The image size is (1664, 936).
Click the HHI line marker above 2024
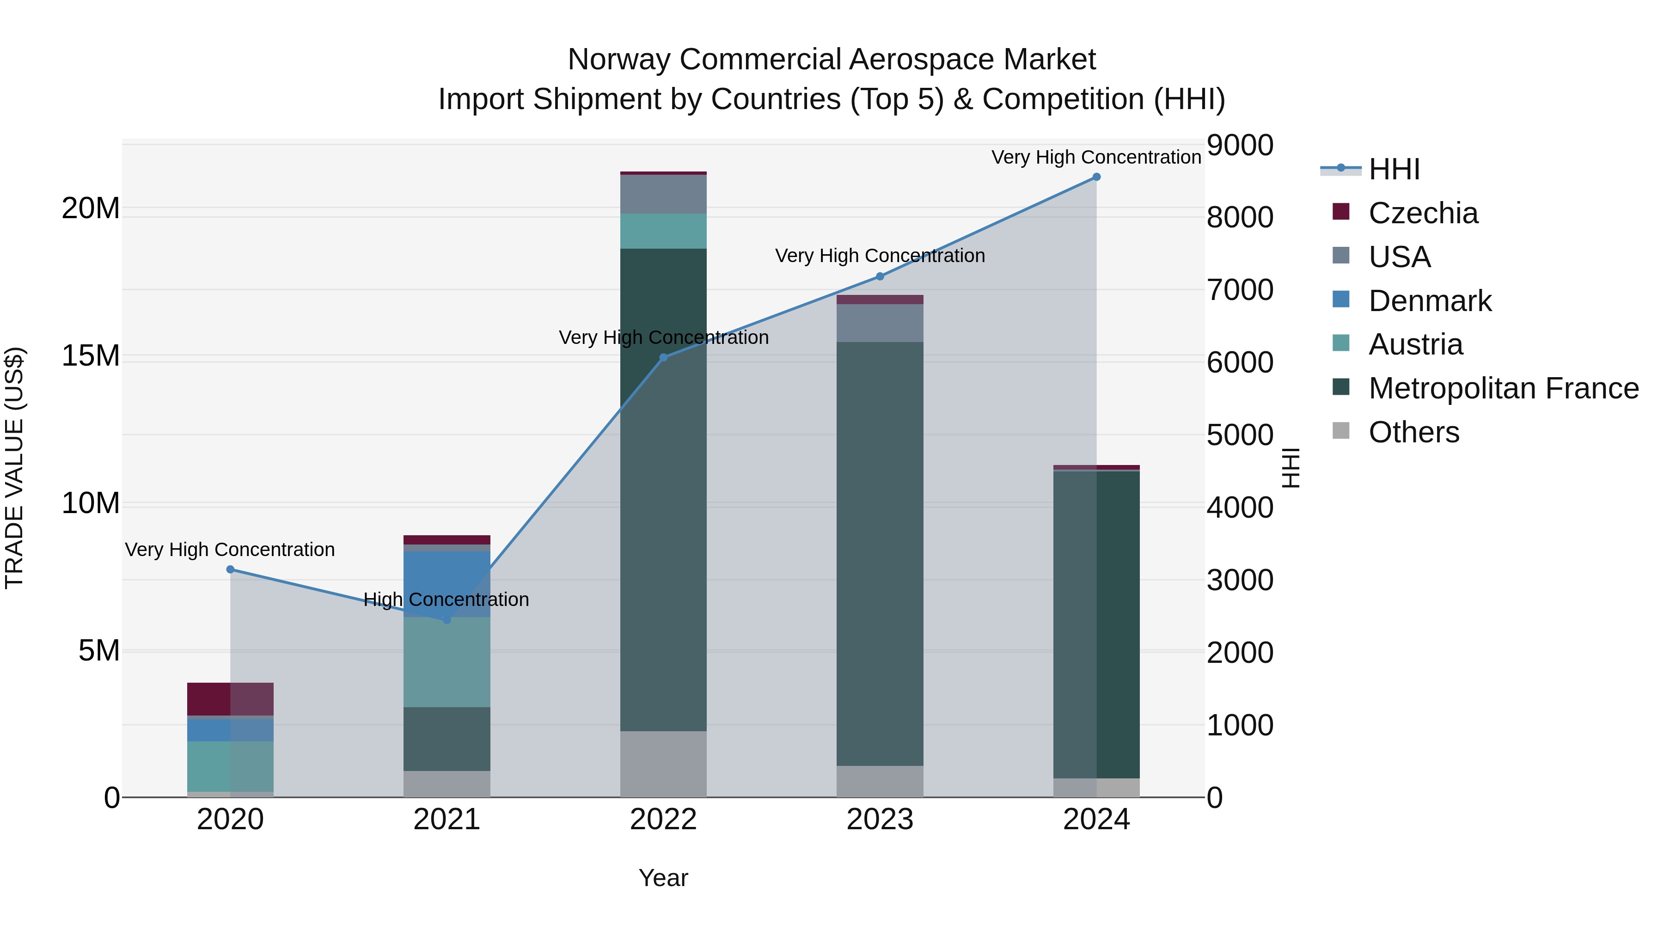[1096, 177]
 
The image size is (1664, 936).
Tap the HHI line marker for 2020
[230, 569]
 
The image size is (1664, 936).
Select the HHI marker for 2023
[880, 276]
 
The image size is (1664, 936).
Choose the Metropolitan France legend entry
[1503, 388]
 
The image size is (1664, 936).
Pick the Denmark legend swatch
[1341, 300]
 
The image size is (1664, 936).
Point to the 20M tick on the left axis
[91, 208]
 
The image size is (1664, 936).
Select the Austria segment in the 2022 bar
[663, 231]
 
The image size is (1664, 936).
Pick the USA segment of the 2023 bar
[880, 323]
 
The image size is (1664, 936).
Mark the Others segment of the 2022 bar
[663, 764]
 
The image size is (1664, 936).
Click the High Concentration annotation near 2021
[447, 600]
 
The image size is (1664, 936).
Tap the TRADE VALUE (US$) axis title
[14, 468]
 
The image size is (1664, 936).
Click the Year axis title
[663, 878]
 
